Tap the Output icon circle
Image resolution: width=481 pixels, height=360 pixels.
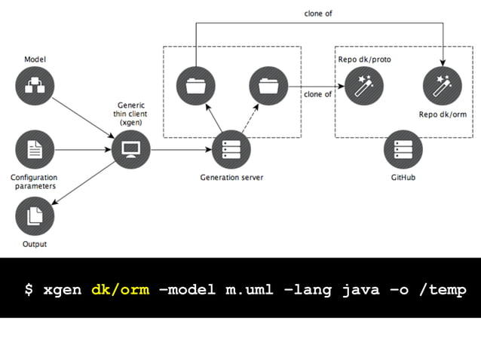point(35,216)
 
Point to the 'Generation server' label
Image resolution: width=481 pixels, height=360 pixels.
point(231,178)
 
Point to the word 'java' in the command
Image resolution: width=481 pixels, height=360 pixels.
point(366,289)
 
